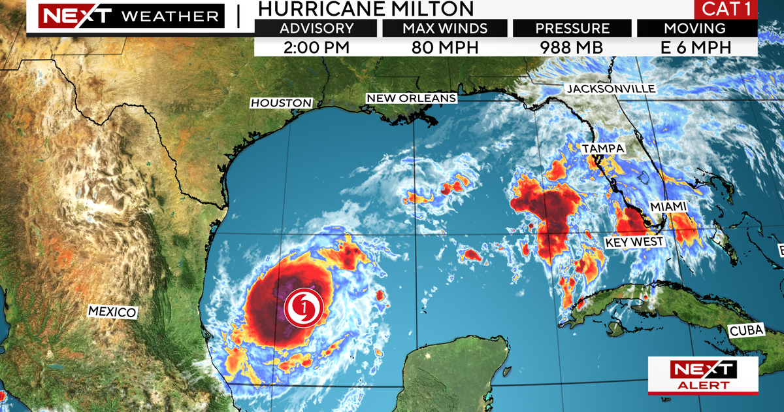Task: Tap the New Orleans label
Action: tap(411, 98)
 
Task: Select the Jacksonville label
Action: tap(610, 89)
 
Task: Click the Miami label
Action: tap(668, 207)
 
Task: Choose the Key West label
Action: tap(634, 242)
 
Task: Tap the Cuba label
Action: tap(747, 331)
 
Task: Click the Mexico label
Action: tap(112, 312)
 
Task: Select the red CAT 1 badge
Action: tap(725, 10)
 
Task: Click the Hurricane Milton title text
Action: tap(366, 9)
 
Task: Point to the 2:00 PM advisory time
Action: tap(317, 47)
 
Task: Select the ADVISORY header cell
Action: tap(317, 29)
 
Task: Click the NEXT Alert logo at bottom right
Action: tap(703, 375)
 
